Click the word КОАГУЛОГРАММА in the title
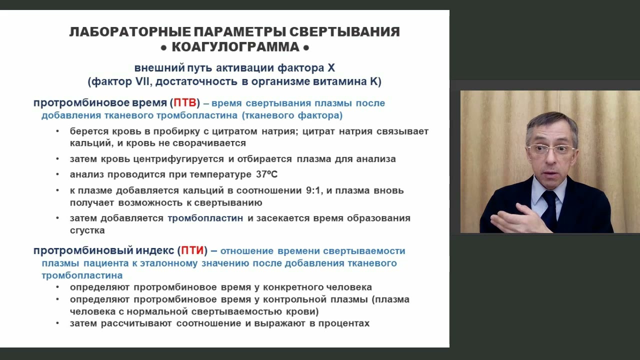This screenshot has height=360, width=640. coord(234,47)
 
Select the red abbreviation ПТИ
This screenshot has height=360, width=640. coord(192,250)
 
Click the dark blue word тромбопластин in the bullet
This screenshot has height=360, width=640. coord(205,218)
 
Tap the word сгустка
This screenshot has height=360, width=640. coord(87,230)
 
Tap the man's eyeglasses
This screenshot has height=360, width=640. coord(551,149)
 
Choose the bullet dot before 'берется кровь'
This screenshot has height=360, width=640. coord(57,131)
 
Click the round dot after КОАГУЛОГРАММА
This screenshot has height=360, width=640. coord(306,47)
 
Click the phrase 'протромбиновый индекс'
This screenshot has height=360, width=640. coord(103,250)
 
